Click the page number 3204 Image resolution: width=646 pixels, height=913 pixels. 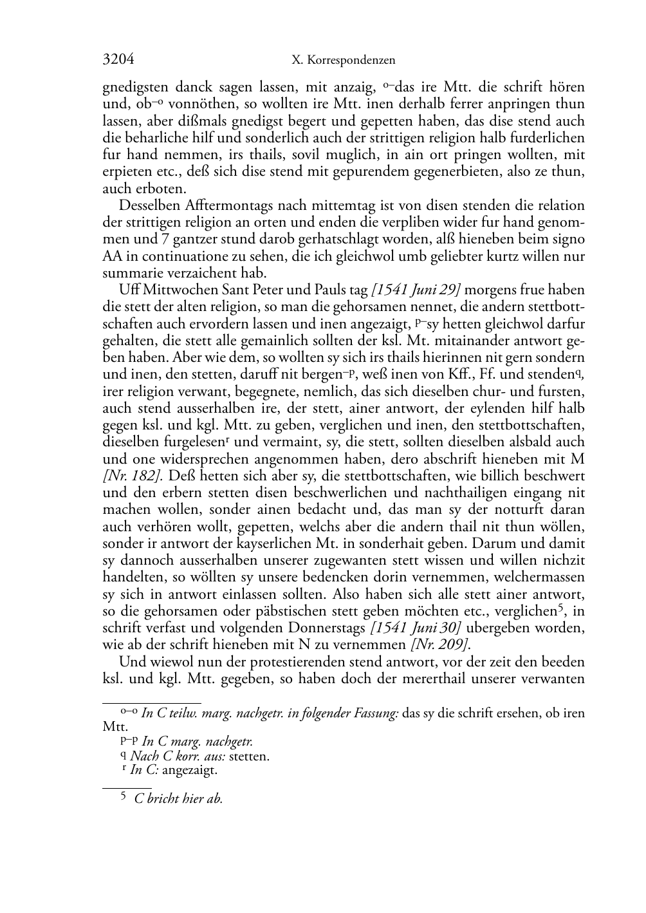pyautogui.click(x=118, y=60)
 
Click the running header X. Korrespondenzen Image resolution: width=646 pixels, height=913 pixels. pyautogui.click(x=343, y=61)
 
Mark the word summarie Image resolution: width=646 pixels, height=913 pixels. pyautogui.click(x=129, y=273)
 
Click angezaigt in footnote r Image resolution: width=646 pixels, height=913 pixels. pyautogui.click(x=190, y=770)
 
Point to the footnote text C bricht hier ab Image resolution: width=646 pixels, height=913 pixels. pyautogui.click(x=178, y=799)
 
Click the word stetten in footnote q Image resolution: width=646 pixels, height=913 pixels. pyautogui.click(x=249, y=757)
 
